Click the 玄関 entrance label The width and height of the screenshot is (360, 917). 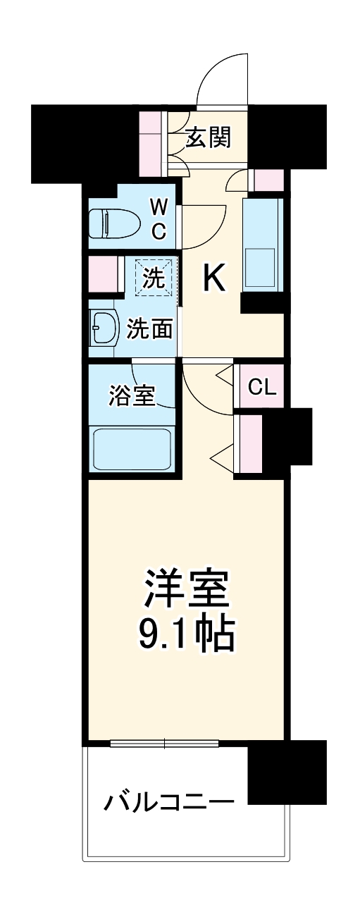coord(208,138)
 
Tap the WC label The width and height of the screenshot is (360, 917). coord(159,219)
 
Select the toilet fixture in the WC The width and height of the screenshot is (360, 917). coord(108,223)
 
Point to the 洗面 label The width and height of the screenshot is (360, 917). coord(149,328)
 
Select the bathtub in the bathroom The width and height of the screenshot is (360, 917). coord(133,449)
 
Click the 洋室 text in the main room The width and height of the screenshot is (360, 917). coord(187,584)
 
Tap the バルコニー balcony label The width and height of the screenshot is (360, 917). coord(169,801)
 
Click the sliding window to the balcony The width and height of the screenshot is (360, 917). coord(165,742)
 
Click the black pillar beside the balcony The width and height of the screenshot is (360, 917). coord(287,772)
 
